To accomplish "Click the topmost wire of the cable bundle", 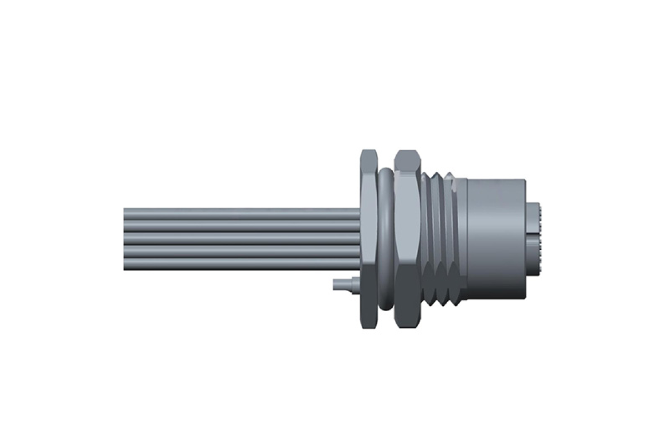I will [x=241, y=213].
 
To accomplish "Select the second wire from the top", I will [x=241, y=226].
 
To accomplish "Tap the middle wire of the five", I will [x=241, y=238].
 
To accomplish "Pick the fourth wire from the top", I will [x=241, y=251].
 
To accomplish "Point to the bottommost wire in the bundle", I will [x=241, y=264].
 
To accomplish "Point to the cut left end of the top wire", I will [x=125, y=213].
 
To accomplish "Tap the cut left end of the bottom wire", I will [x=125, y=264].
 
